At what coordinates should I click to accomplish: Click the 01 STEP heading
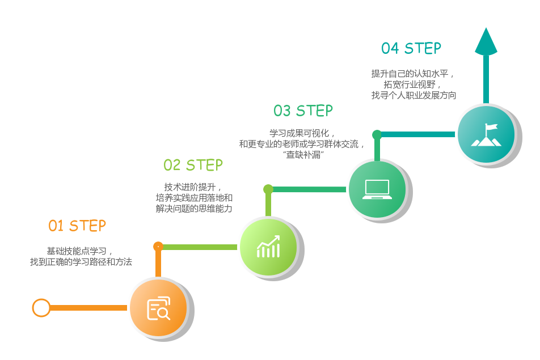[x=77, y=226]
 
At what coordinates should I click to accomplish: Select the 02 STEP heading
[x=193, y=165]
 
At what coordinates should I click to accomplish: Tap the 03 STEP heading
[x=303, y=111]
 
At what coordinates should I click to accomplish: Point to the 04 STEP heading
[x=411, y=49]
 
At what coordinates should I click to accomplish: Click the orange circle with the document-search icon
[x=158, y=308]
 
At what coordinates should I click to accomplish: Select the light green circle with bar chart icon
[x=268, y=247]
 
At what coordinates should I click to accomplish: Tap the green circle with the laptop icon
[x=377, y=189]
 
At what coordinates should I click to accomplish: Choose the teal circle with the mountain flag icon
[x=486, y=134]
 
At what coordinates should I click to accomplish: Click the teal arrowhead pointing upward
[x=486, y=42]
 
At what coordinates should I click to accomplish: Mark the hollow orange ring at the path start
[x=41, y=308]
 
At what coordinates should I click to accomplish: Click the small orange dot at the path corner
[x=158, y=246]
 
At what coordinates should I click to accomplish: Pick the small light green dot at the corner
[x=268, y=189]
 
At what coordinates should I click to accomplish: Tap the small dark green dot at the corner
[x=377, y=134]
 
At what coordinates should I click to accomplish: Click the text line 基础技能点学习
[x=80, y=251]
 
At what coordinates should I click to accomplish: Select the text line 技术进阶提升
[x=193, y=187]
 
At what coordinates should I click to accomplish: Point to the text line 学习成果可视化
[x=302, y=133]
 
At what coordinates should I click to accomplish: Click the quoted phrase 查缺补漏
[x=303, y=155]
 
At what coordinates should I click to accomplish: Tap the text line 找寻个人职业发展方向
[x=414, y=95]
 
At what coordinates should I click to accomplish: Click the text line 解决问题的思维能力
[x=194, y=209]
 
